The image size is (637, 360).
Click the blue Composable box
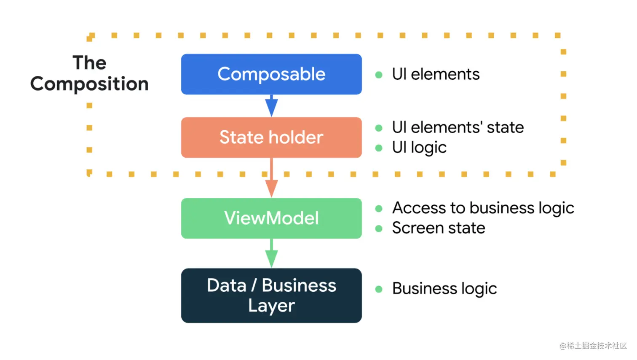click(x=271, y=74)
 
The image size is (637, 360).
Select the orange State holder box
click(x=271, y=137)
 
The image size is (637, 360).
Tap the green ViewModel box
click(x=271, y=218)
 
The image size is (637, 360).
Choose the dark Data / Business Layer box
click(x=271, y=296)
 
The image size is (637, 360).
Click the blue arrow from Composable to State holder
click(x=272, y=106)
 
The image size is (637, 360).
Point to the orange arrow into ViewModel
click(x=272, y=178)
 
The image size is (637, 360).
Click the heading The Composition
click(x=90, y=73)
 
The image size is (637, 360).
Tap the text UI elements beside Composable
click(x=436, y=74)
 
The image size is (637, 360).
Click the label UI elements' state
click(x=458, y=127)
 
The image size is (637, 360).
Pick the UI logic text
click(x=419, y=148)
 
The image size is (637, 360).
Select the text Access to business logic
click(x=483, y=208)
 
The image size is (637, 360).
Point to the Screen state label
click(x=439, y=228)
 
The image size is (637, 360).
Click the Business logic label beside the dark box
click(x=444, y=289)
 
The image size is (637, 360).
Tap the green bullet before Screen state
click(x=379, y=228)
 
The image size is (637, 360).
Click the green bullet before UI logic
click(x=379, y=148)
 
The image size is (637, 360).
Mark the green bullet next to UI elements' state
click(x=379, y=128)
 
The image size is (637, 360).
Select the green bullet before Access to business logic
click(x=379, y=209)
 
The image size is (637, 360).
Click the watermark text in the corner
click(x=593, y=346)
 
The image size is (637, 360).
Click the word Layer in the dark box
click(x=271, y=306)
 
